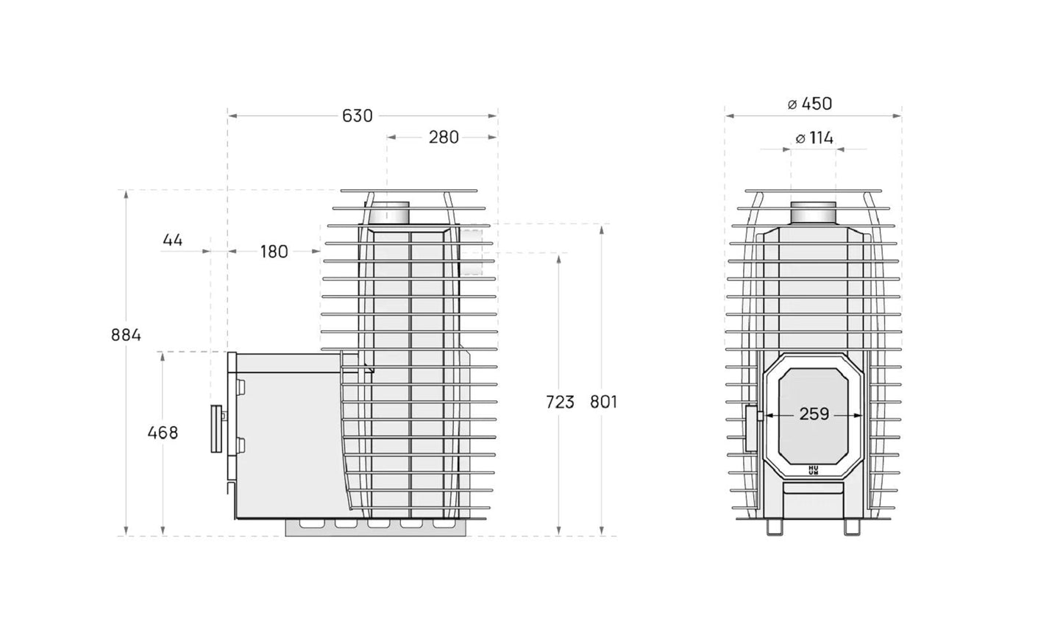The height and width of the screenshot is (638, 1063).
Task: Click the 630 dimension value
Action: tap(358, 116)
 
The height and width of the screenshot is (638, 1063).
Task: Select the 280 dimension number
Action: tap(444, 137)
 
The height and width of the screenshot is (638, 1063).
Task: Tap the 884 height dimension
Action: tap(126, 335)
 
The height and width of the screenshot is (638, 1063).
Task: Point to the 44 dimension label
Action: tap(172, 240)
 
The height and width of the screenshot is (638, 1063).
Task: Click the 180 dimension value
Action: tap(274, 252)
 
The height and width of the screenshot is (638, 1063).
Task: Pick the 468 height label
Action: tap(163, 433)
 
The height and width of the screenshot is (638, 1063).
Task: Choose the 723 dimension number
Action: tap(560, 403)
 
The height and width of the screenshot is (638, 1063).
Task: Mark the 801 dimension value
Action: tap(603, 403)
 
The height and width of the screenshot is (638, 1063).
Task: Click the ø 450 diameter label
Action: tap(810, 104)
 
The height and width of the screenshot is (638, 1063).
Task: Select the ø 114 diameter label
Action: tap(814, 138)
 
